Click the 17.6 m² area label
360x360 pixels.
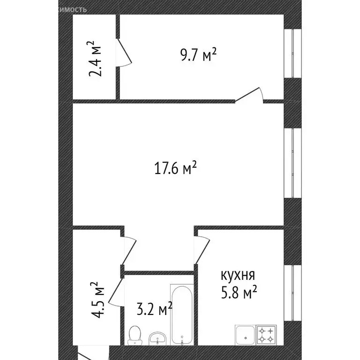click(175, 168)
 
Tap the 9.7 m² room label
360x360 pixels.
click(198, 55)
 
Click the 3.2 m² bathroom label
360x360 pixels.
click(153, 310)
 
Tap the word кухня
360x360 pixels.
click(238, 275)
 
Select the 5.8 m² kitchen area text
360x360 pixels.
click(239, 293)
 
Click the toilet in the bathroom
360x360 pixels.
click(134, 333)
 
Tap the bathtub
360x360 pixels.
click(181, 313)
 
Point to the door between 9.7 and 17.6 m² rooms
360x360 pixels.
click(248, 95)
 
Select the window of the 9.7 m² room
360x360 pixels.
click(295, 53)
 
